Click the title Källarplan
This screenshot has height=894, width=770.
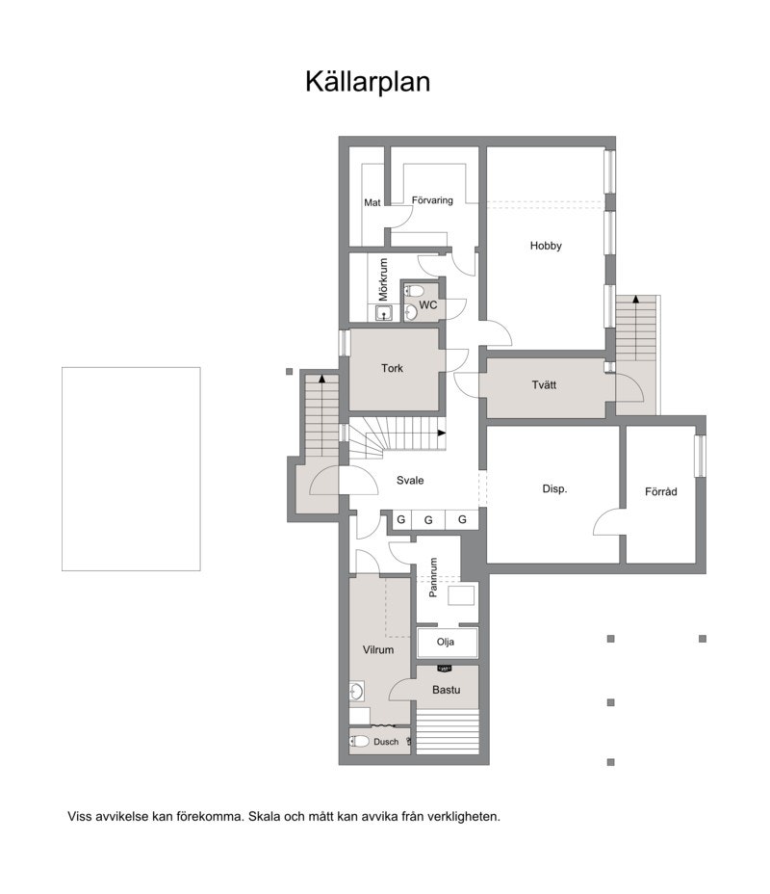pyautogui.click(x=368, y=82)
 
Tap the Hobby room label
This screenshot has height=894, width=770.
pyautogui.click(x=546, y=246)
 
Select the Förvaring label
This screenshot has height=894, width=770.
pyautogui.click(x=432, y=200)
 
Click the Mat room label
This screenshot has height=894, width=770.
pyautogui.click(x=372, y=202)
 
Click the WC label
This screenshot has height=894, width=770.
pyautogui.click(x=428, y=305)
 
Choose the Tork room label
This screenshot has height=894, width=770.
pyautogui.click(x=392, y=368)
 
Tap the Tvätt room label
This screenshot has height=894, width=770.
pyautogui.click(x=544, y=385)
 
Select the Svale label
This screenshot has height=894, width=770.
pyautogui.click(x=410, y=481)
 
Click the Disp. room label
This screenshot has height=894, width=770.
pyautogui.click(x=555, y=488)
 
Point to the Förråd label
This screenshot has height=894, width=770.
pyautogui.click(x=661, y=491)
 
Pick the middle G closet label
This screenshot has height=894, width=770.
pyautogui.click(x=428, y=520)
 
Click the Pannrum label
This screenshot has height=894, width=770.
pyautogui.click(x=434, y=578)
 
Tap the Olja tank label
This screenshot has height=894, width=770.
pyautogui.click(x=445, y=642)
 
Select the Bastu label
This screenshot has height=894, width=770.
pyautogui.click(x=446, y=690)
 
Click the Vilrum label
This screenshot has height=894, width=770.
pyautogui.click(x=378, y=650)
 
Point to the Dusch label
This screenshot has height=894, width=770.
pyautogui.click(x=386, y=742)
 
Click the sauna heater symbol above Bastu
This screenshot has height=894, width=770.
pyautogui.click(x=445, y=667)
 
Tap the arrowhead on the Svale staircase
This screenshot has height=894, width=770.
pyautogui.click(x=442, y=433)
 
